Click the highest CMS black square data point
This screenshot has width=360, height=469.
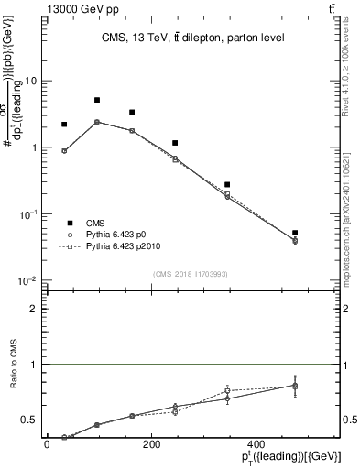click(97, 100)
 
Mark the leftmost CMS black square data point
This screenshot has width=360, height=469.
click(64, 125)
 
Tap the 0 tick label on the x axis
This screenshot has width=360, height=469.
click(47, 445)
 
